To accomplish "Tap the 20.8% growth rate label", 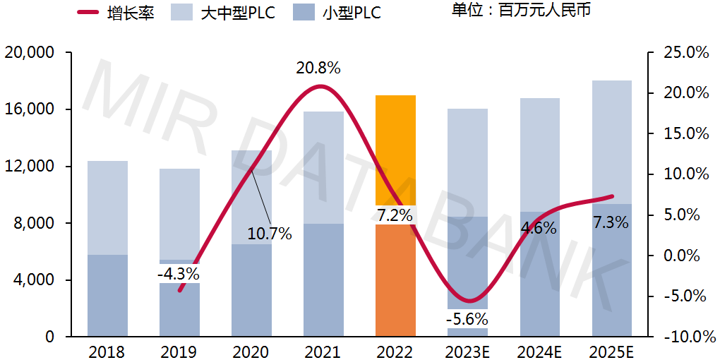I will pyautogui.click(x=318, y=68).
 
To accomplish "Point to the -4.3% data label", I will pyautogui.click(x=178, y=273).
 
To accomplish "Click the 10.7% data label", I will pyautogui.click(x=269, y=234).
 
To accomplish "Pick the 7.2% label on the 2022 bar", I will pyautogui.click(x=395, y=215).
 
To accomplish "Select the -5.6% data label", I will pyautogui.click(x=467, y=318).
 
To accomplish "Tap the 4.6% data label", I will pyautogui.click(x=539, y=228).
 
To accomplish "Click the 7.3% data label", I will pyautogui.click(x=611, y=222).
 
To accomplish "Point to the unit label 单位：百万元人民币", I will pyautogui.click(x=522, y=11).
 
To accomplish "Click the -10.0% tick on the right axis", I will pyautogui.click(x=683, y=337).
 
